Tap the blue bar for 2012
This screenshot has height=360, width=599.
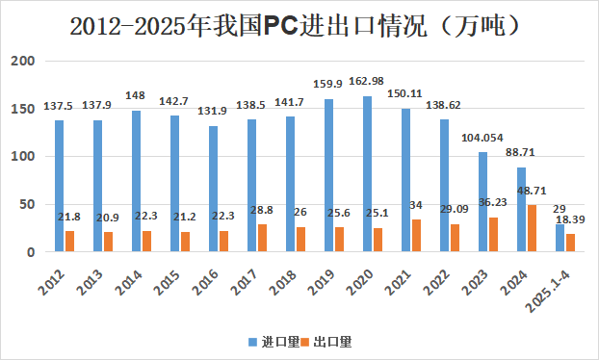pyautogui.click(x=59, y=186)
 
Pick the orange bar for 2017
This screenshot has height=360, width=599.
pyautogui.click(x=263, y=238)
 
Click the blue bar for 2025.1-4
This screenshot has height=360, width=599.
pyautogui.click(x=560, y=238)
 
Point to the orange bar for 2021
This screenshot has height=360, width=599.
pyautogui.click(x=417, y=236)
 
